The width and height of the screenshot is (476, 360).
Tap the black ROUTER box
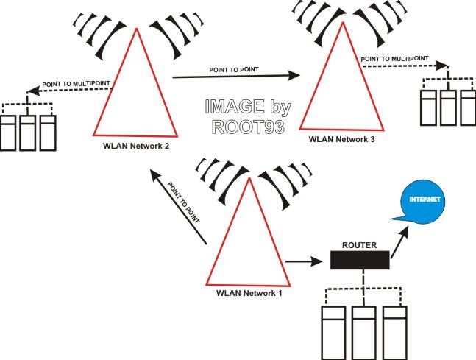pos(360,260)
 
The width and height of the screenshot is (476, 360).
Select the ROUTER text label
pos(360,245)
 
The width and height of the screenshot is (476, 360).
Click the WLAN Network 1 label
pos(249,293)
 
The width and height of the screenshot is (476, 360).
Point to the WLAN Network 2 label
pos(136,146)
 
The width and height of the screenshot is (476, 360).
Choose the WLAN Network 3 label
pos(341,139)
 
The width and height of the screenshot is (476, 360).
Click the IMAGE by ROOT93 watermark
pos(248,116)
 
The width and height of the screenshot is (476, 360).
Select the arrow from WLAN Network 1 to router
pos(304,261)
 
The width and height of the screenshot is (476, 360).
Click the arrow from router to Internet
pos(399,241)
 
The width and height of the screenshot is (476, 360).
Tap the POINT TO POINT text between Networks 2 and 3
pos(234,69)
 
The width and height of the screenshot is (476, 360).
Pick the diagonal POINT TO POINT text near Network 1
pos(184,202)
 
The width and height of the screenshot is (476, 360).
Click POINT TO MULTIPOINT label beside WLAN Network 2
pos(76,83)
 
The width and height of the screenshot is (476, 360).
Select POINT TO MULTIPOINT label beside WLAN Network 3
pos(394,59)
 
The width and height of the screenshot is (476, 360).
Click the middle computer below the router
pos(363,333)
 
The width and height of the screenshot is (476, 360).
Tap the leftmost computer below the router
pos(333,333)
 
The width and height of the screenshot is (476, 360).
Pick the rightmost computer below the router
pos(394,333)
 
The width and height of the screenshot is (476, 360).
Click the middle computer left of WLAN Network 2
pos(28,133)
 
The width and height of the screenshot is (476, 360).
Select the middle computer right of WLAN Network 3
pos(448,107)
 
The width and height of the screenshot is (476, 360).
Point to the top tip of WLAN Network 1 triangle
pos(249,177)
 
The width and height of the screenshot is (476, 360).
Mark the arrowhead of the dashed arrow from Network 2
pos(33,91)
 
